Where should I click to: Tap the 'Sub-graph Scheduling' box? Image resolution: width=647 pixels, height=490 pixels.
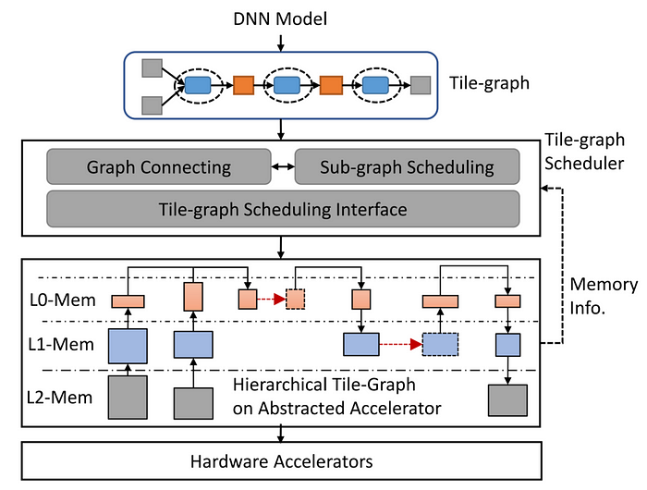click(407, 168)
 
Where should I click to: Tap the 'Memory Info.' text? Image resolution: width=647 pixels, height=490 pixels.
click(603, 297)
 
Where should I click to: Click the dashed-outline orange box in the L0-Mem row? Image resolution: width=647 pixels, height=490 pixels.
click(295, 300)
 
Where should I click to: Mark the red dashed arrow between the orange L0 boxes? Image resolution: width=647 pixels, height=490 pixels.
click(271, 300)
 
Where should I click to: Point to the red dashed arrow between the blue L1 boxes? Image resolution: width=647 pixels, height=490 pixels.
click(400, 345)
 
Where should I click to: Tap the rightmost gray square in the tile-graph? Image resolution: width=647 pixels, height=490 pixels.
click(421, 85)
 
